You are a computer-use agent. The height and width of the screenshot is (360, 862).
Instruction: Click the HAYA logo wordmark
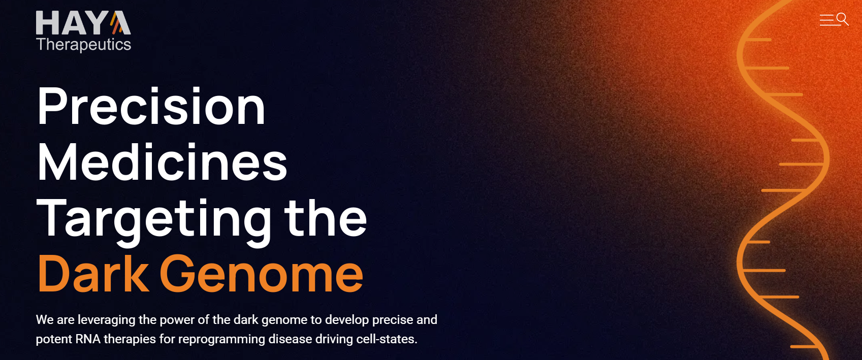tap(83, 23)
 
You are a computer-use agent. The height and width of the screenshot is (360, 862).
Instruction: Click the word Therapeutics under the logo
tap(83, 45)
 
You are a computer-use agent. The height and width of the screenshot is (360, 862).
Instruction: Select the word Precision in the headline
tap(151, 106)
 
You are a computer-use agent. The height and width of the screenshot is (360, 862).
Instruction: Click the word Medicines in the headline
tap(162, 162)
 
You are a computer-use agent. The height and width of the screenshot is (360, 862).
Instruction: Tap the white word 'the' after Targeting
tap(326, 218)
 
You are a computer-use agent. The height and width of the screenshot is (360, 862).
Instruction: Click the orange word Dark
tap(93, 274)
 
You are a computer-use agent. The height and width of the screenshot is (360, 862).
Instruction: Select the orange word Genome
tap(262, 274)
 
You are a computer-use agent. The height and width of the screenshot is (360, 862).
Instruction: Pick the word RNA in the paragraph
tap(88, 339)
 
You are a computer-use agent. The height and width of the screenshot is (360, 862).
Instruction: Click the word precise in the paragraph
tap(393, 320)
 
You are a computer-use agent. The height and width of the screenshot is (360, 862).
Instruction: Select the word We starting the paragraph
tap(45, 320)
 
